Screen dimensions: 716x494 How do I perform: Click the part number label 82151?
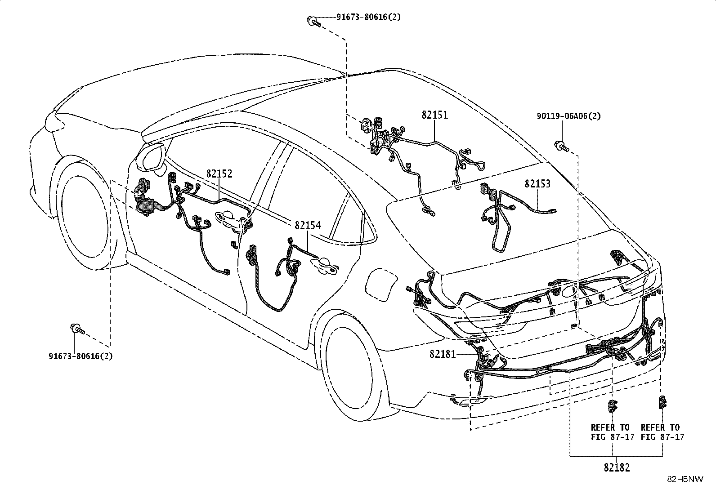[x=435, y=115]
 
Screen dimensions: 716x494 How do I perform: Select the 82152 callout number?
[x=219, y=174]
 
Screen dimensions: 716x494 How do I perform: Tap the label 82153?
[x=537, y=184]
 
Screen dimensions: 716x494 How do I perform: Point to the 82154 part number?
[x=308, y=225]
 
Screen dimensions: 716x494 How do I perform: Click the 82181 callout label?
[x=443, y=354]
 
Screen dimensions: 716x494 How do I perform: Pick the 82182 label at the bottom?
[x=617, y=467]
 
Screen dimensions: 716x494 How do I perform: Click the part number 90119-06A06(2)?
[x=568, y=116]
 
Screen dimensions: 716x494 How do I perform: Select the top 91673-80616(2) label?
[x=368, y=17]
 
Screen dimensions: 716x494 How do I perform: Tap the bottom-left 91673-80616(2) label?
[x=81, y=356]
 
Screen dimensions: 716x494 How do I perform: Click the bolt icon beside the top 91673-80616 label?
[x=313, y=22]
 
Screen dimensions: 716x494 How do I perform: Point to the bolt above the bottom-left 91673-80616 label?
[x=77, y=329]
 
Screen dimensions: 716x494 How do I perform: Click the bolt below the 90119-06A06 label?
[x=562, y=147]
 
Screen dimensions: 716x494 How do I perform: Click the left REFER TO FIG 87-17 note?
[x=612, y=432]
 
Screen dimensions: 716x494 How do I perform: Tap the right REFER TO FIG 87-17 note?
[x=662, y=432]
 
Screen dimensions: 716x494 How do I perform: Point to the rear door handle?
[x=324, y=265]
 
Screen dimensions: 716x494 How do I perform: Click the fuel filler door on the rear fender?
[x=381, y=284]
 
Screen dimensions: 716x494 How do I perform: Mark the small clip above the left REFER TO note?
[x=613, y=406]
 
